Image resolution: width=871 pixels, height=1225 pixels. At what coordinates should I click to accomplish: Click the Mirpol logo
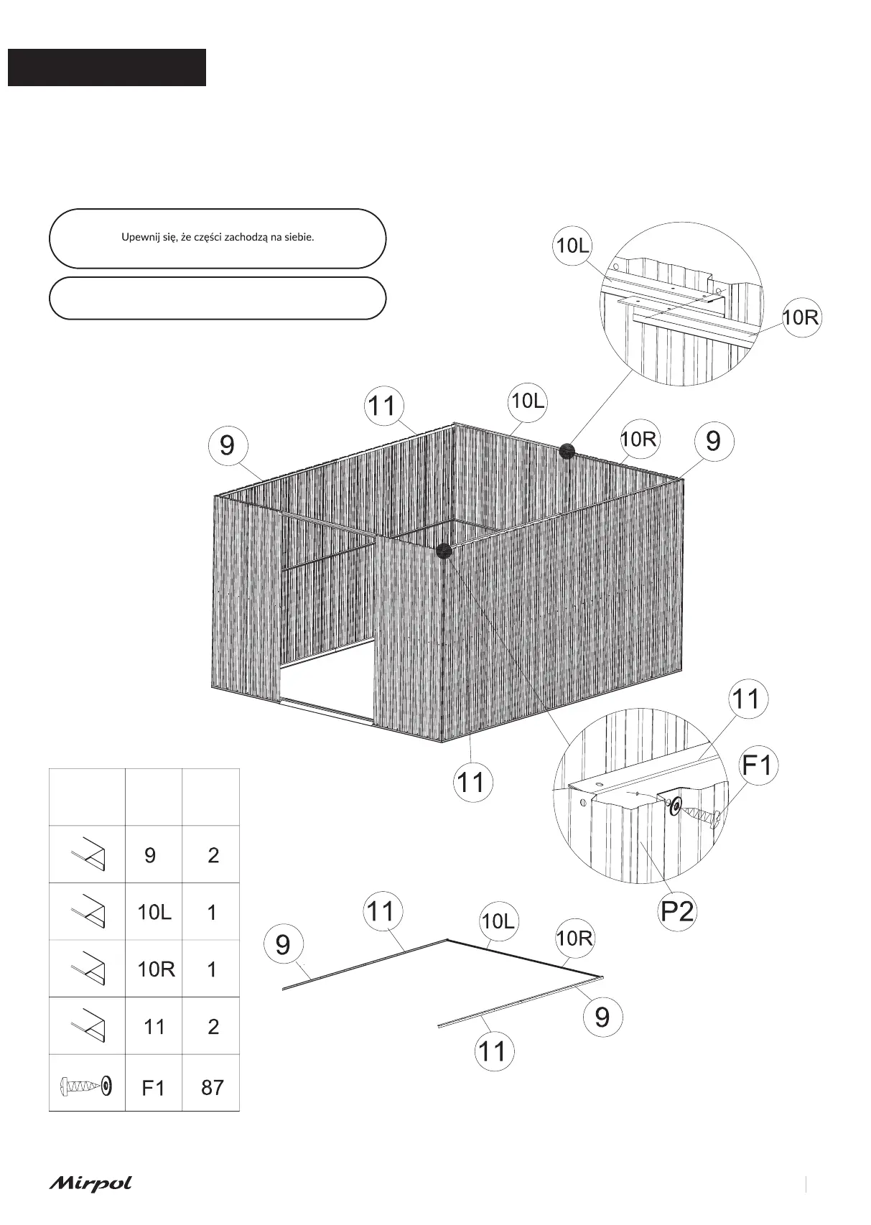(90, 1183)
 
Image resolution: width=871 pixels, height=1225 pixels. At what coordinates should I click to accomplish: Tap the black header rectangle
(107, 67)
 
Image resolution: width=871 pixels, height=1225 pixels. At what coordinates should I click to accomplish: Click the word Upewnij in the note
(141, 237)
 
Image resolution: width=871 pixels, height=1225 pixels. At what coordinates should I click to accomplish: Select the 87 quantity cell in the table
(212, 1087)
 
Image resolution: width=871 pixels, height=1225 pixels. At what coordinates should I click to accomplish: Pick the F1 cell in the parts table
(154, 1088)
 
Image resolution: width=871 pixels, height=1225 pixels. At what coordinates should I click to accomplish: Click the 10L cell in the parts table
(154, 913)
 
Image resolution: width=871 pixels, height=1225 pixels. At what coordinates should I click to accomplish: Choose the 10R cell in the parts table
(156, 969)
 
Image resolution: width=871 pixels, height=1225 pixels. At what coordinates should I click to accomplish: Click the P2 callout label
(676, 910)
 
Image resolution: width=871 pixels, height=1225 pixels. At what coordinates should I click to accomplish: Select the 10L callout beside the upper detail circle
(572, 246)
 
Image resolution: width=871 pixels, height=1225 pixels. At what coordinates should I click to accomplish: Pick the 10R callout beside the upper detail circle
(801, 317)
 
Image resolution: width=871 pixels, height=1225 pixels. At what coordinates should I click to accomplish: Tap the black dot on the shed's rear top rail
(567, 451)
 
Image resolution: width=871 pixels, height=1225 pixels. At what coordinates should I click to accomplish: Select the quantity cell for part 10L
(212, 913)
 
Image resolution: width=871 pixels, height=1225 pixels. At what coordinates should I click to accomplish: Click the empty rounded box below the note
(217, 298)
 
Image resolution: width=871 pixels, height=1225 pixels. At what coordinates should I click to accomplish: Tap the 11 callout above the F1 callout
(747, 698)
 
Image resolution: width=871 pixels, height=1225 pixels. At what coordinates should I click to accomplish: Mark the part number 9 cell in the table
(150, 855)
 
